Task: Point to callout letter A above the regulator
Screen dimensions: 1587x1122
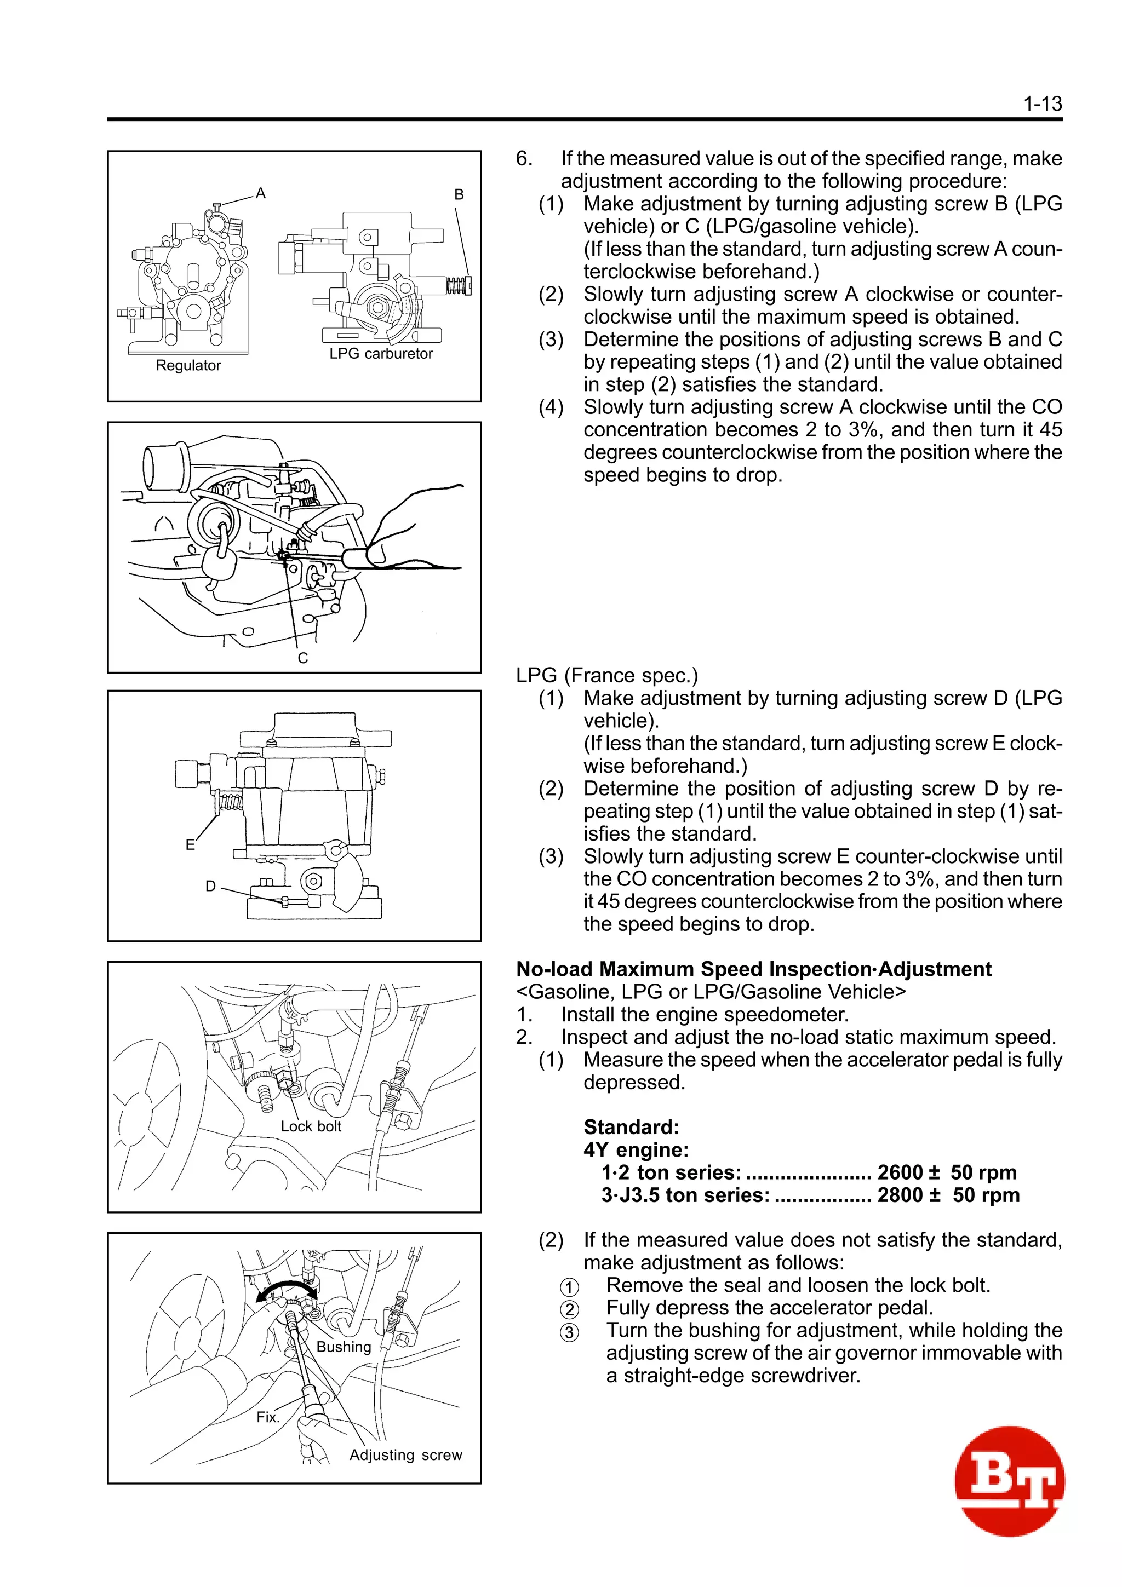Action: (x=261, y=193)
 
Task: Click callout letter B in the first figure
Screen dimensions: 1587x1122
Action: (x=459, y=195)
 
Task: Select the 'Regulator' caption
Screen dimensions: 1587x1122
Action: (x=188, y=366)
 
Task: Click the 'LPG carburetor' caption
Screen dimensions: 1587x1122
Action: (x=381, y=354)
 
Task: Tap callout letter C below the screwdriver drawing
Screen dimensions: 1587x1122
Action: (x=303, y=658)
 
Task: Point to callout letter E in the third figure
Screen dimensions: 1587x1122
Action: (x=190, y=844)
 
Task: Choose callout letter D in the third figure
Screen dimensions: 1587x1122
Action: (x=211, y=886)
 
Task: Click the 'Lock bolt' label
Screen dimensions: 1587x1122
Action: (x=311, y=1126)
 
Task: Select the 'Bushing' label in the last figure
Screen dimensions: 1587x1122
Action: (x=344, y=1347)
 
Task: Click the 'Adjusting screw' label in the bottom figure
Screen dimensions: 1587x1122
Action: (x=406, y=1455)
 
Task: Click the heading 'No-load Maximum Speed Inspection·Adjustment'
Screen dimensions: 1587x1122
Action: (x=753, y=969)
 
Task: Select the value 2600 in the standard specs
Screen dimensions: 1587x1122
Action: (x=900, y=1172)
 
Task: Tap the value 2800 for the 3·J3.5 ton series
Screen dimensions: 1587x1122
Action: (x=900, y=1195)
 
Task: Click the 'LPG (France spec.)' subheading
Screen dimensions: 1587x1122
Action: (x=607, y=675)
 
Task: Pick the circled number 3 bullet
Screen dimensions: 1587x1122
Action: (x=569, y=1332)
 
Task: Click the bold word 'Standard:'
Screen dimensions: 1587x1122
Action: (x=631, y=1128)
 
